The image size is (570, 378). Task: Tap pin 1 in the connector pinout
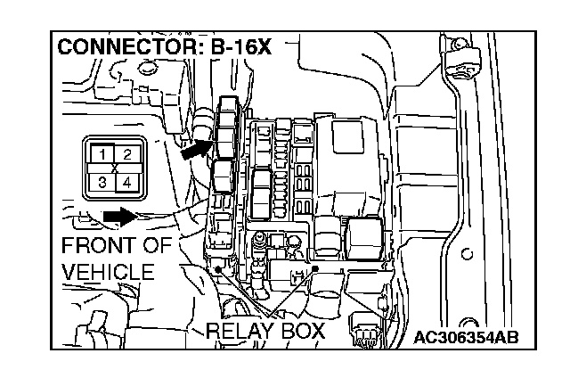click(103, 155)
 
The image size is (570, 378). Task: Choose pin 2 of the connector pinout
click(127, 155)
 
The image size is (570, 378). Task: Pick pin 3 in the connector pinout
click(103, 183)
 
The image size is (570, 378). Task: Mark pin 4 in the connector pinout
click(127, 183)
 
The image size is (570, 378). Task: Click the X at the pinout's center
click(116, 168)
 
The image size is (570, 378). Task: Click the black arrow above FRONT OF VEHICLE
click(118, 216)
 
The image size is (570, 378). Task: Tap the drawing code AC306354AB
click(467, 338)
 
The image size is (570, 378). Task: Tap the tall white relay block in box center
click(264, 194)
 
